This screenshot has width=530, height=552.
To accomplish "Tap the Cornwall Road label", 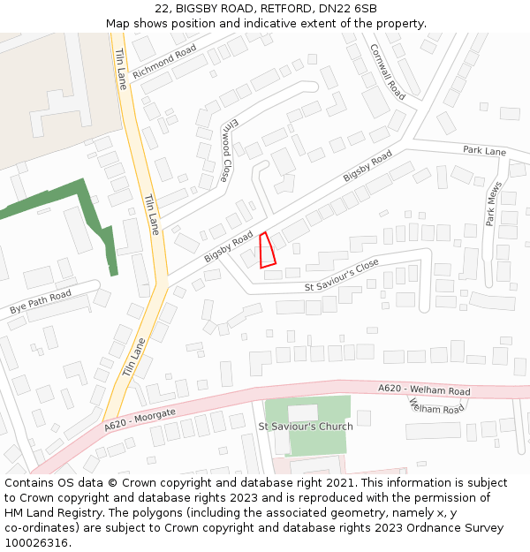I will click(387, 72).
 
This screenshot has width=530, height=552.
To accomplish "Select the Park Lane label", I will click(484, 151).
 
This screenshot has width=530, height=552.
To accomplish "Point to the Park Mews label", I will click(493, 204).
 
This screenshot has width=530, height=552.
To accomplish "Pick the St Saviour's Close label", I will click(341, 276).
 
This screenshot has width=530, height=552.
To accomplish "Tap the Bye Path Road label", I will click(40, 303).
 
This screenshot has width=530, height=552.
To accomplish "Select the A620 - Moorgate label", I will click(140, 420).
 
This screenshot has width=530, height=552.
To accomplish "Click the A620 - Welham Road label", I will click(424, 389).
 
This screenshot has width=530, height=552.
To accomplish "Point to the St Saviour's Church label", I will click(305, 427).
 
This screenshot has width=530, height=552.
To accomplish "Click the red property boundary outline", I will click(267, 250).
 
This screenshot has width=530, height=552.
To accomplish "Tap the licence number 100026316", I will click(38, 542).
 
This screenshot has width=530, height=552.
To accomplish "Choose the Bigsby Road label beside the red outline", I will click(229, 246).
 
